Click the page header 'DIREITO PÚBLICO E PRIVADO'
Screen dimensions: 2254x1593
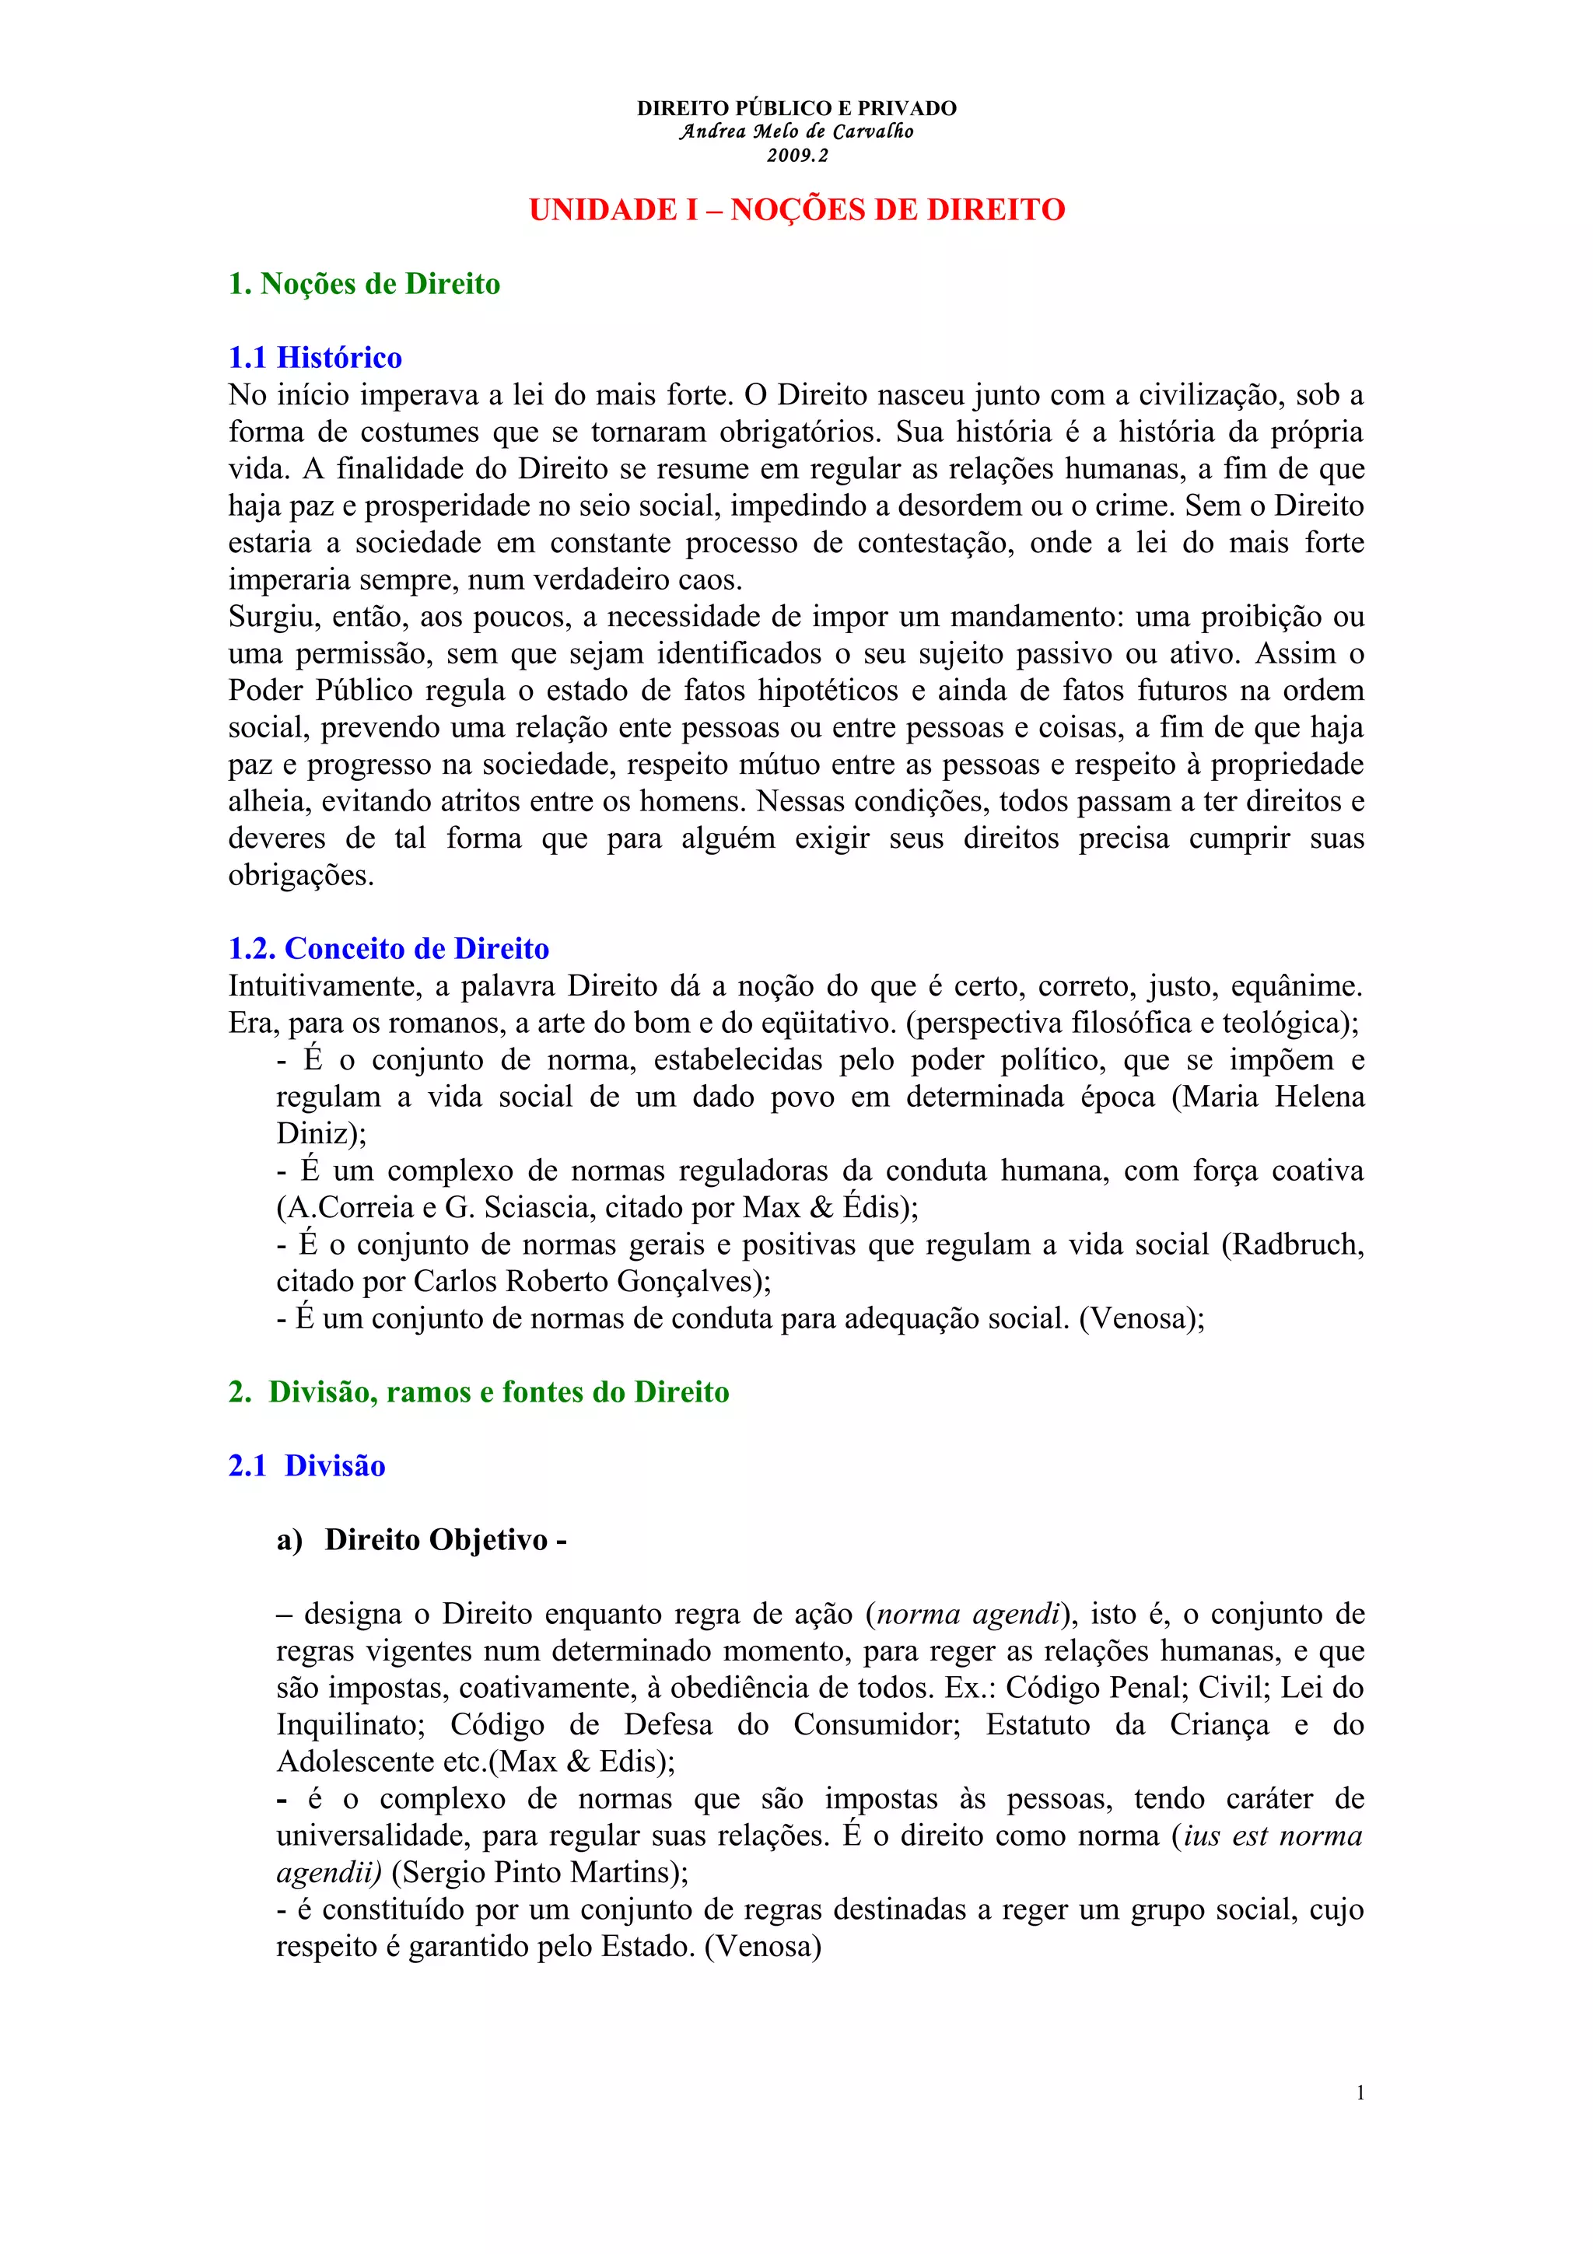pyautogui.click(x=796, y=108)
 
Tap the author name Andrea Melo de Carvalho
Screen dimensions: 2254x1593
pyautogui.click(x=796, y=131)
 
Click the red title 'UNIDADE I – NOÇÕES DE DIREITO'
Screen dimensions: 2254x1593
pyautogui.click(x=796, y=210)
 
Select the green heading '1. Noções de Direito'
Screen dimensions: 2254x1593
pyautogui.click(x=364, y=284)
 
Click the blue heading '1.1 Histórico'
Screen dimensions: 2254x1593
pyautogui.click(x=315, y=357)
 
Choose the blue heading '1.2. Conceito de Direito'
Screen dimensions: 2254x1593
pyautogui.click(x=389, y=948)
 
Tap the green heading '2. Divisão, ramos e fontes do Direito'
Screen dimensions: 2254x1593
pyautogui.click(x=479, y=1392)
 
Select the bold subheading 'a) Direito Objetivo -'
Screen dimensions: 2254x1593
pyautogui.click(x=422, y=1539)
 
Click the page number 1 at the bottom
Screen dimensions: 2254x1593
pyautogui.click(x=1360, y=2093)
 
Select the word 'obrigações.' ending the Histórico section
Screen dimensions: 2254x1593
pyautogui.click(x=301, y=876)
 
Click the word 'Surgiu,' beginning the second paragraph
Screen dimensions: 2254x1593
pyautogui.click(x=272, y=617)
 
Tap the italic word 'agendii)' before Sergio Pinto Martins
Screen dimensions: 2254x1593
pyautogui.click(x=329, y=1873)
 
